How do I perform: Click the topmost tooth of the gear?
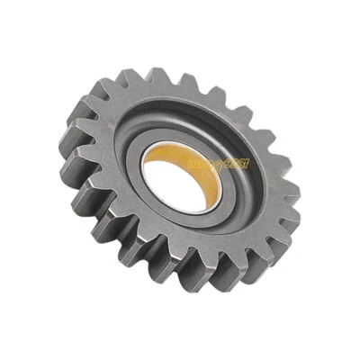coord(157,79)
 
